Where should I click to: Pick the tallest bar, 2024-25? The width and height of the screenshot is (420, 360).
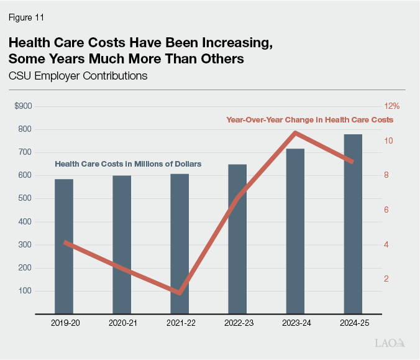[353, 224]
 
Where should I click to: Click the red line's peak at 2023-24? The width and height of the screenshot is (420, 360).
[296, 132]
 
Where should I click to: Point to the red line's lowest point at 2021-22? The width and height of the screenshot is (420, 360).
[180, 293]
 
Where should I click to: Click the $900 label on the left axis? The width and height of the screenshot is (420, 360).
[23, 106]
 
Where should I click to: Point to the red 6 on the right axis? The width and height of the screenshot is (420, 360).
[386, 210]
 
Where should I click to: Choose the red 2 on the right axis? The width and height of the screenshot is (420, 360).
[386, 279]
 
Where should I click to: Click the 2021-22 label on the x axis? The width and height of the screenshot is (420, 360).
[180, 323]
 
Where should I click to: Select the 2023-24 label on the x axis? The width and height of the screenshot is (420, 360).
[295, 323]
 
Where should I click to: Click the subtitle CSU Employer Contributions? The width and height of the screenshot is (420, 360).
[78, 76]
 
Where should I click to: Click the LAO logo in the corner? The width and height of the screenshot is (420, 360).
[390, 343]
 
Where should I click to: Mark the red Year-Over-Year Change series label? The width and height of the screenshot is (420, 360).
[309, 119]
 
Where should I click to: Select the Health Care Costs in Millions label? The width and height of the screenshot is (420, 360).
[128, 164]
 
